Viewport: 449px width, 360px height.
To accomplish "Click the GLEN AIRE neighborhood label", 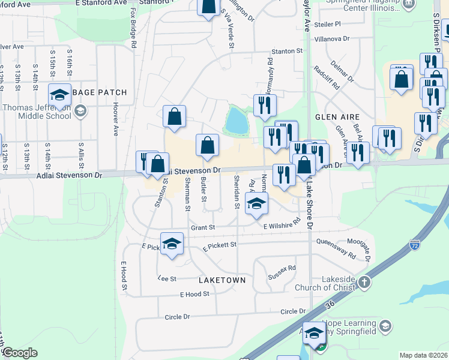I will [337, 117].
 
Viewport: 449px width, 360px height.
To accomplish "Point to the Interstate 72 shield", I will [415, 245].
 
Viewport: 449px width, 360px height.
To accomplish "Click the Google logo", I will [20, 353].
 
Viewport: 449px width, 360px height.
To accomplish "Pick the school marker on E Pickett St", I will [172, 244].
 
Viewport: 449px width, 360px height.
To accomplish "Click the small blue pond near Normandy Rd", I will [237, 121].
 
